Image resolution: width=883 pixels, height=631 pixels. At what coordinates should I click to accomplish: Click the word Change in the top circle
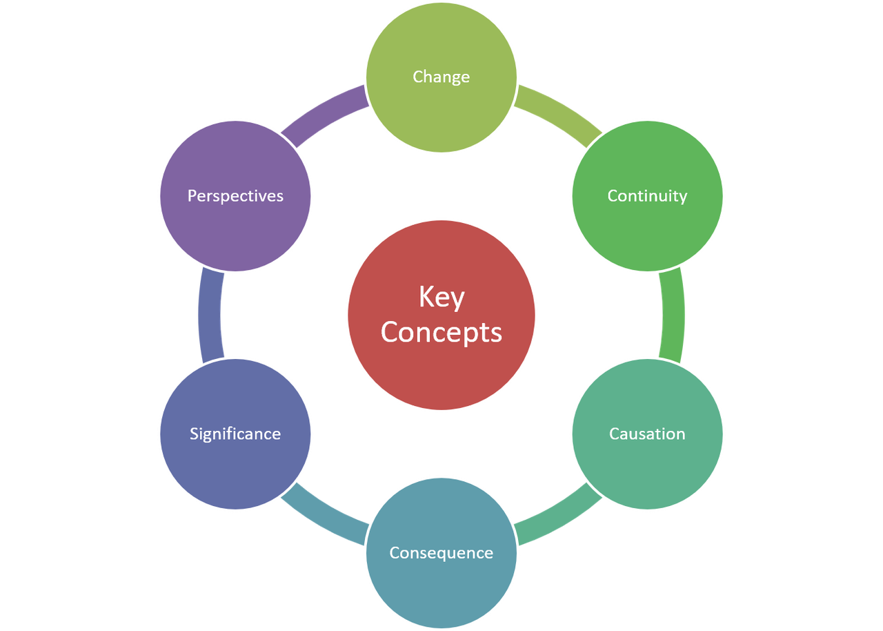click(441, 77)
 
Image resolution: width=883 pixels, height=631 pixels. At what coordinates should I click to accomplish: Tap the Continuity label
click(647, 196)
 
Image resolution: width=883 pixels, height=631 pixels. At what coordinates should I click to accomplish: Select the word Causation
click(647, 434)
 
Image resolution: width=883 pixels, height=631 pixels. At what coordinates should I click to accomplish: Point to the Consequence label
click(441, 553)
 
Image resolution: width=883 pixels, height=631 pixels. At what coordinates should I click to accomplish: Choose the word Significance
click(235, 434)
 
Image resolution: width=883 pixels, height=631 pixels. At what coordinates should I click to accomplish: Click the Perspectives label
click(235, 196)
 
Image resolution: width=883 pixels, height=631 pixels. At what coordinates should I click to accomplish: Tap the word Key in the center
click(441, 298)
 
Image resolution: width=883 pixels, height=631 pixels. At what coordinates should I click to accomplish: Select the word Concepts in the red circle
click(441, 332)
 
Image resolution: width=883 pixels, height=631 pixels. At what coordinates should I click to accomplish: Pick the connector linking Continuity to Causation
click(673, 315)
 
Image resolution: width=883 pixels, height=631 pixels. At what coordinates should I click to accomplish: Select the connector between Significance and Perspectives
click(210, 315)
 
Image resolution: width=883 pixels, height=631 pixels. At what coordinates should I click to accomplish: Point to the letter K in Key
click(426, 298)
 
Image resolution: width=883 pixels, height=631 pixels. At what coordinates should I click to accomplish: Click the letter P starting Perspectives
click(192, 196)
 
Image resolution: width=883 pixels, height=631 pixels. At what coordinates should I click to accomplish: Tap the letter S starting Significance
click(194, 434)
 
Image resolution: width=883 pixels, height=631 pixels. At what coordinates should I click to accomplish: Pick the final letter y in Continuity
click(683, 197)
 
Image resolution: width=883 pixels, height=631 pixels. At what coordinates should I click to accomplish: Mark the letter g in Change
click(455, 78)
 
